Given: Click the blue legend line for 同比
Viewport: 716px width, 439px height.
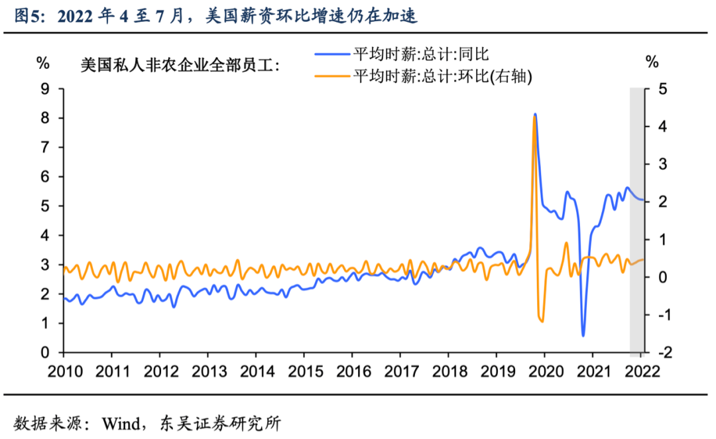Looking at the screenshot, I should tap(332, 53).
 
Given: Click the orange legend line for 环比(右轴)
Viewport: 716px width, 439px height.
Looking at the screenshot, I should tap(332, 76).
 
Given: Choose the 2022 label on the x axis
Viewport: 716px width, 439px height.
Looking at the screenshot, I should tap(640, 370).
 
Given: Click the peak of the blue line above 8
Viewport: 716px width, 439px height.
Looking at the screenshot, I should tap(535, 114).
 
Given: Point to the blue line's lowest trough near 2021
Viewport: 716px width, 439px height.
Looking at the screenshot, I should tap(583, 336).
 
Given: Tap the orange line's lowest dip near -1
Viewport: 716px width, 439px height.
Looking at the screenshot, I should tap(542, 322).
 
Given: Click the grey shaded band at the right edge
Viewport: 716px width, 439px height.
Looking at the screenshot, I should tap(637, 219).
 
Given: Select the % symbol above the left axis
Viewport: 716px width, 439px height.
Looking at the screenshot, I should tap(43, 64).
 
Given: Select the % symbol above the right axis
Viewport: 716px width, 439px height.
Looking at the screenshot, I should tap(653, 64).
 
